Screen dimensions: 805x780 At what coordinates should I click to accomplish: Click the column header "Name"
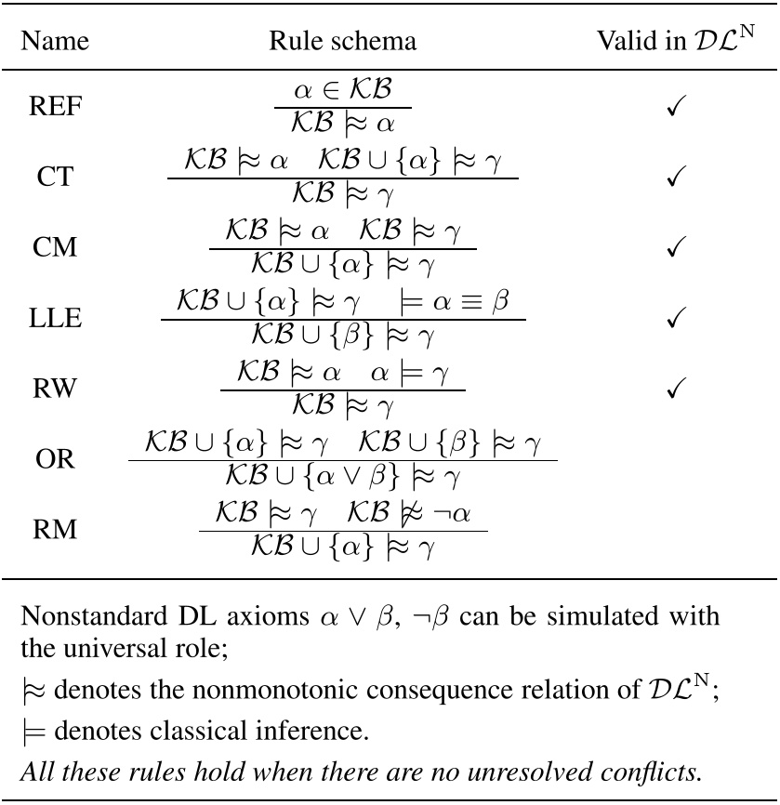pos(56,41)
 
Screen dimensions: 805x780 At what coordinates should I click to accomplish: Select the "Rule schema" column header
pos(342,41)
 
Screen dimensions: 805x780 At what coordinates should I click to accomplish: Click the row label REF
pos(56,107)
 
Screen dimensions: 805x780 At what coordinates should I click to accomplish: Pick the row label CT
pos(56,178)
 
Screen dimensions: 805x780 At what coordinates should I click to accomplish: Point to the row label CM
pos(56,247)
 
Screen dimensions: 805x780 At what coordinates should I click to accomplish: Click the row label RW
pos(56,389)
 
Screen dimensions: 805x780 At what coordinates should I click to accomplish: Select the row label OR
pos(56,460)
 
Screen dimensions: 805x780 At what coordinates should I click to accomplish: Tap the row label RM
pos(56,531)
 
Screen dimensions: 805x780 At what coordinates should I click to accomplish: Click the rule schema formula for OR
pos(342,459)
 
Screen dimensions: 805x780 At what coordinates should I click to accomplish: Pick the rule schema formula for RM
pos(342,530)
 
